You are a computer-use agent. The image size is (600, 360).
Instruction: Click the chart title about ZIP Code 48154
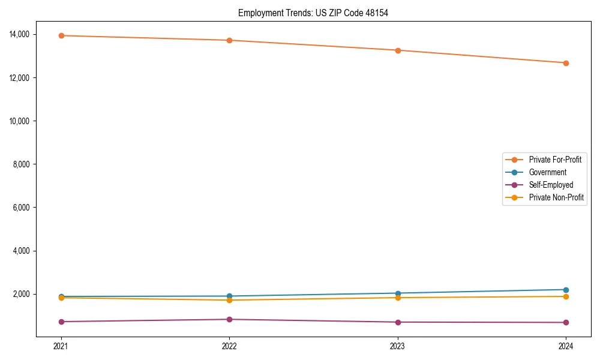point(313,13)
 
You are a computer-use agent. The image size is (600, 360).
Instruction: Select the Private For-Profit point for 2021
point(61,35)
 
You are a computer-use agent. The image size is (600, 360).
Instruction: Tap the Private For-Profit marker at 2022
point(229,40)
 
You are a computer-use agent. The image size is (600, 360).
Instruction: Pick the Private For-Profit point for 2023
point(398,50)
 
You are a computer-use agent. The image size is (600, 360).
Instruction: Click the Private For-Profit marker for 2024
point(566,63)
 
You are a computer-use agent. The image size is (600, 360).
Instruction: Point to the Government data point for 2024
point(566,290)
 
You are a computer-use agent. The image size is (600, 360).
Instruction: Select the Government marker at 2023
point(398,293)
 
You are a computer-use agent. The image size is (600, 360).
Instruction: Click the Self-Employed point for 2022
point(229,319)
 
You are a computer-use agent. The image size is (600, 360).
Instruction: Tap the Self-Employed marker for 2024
point(566,322)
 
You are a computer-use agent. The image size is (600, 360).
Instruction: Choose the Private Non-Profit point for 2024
point(566,296)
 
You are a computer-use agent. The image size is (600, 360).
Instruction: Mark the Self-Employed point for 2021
point(61,322)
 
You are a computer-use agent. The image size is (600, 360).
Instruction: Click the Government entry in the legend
point(547,172)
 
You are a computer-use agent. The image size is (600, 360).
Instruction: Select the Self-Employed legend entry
point(551,185)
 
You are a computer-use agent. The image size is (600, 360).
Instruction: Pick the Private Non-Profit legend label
point(556,197)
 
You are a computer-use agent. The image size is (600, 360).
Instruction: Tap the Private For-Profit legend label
point(555,160)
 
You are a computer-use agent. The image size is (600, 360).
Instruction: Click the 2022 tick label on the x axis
point(229,346)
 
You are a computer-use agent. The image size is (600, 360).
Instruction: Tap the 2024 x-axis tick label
point(566,346)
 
